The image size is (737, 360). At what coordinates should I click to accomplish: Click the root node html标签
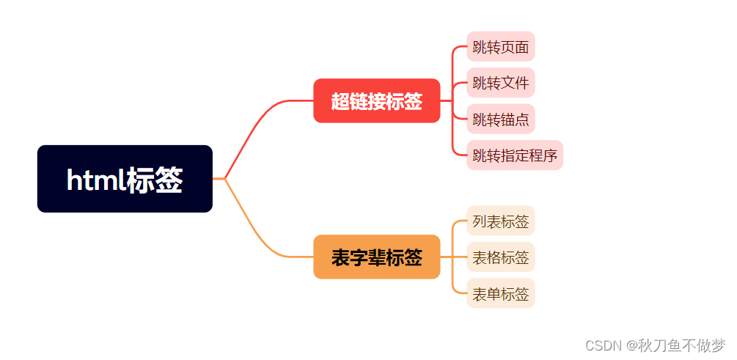click(x=125, y=179)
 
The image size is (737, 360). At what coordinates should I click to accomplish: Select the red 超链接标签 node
click(x=376, y=101)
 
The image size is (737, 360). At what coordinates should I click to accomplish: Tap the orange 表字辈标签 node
click(x=376, y=257)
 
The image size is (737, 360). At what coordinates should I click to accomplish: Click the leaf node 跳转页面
click(x=501, y=47)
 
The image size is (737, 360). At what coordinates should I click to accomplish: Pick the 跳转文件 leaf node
click(x=501, y=83)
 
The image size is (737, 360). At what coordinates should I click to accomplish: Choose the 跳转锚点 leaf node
click(x=501, y=119)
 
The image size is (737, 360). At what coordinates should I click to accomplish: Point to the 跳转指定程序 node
click(x=515, y=155)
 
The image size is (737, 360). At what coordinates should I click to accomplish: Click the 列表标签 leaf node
click(x=501, y=221)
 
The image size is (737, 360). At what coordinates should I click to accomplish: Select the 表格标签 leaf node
click(x=501, y=257)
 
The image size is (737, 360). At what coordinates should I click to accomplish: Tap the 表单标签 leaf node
click(x=501, y=294)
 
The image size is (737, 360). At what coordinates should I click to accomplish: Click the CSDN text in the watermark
click(x=584, y=345)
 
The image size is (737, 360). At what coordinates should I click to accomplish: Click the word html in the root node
click(x=95, y=180)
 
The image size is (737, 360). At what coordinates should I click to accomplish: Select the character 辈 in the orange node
click(x=376, y=257)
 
